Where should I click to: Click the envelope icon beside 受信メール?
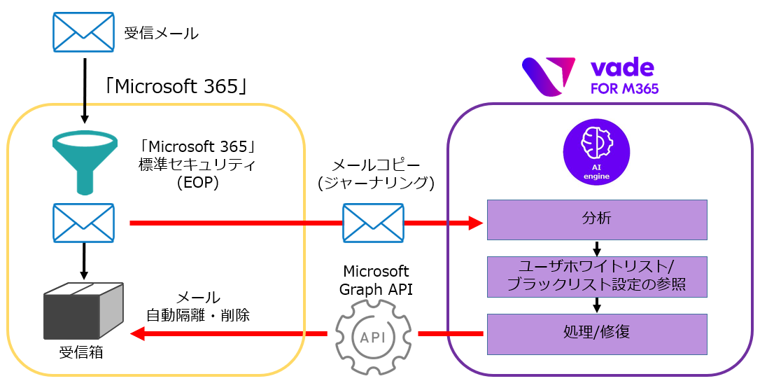click(83, 33)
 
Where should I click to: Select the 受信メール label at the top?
click(162, 34)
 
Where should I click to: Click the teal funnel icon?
click(83, 162)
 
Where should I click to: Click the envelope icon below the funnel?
click(83, 223)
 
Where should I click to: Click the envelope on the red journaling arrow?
click(373, 223)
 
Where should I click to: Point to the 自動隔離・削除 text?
click(198, 315)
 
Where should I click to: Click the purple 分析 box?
click(596, 219)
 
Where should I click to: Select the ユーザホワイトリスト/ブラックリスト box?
click(596, 276)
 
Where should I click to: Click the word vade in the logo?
click(622, 68)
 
